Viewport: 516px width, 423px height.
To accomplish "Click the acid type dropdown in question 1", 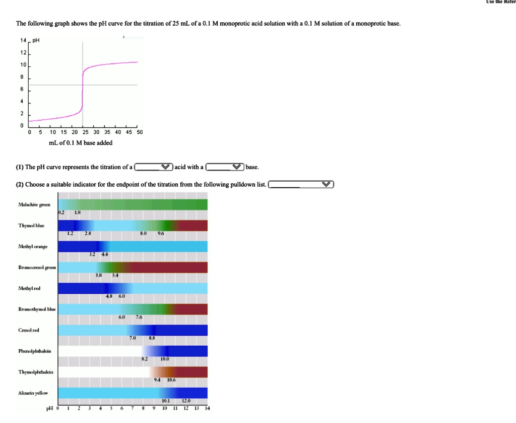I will click(x=154, y=167).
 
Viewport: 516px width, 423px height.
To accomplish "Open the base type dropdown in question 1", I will click(x=225, y=167).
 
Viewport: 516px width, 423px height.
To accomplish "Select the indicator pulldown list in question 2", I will click(x=301, y=184).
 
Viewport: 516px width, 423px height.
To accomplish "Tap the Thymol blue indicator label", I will click(x=31, y=226).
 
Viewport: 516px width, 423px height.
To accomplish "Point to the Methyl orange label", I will click(x=33, y=246).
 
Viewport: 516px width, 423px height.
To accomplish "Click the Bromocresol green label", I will click(x=37, y=267).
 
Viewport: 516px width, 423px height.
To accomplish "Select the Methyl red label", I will click(x=29, y=288).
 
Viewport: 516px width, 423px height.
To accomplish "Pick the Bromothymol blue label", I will click(x=37, y=309).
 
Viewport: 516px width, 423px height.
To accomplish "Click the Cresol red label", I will click(x=28, y=330).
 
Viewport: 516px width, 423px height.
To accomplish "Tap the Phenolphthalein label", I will click(x=34, y=351).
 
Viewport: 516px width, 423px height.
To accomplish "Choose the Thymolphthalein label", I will click(x=35, y=372).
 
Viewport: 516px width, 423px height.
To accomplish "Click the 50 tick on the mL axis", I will click(x=140, y=132).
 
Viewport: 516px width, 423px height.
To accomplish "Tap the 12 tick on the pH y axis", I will click(x=22, y=52).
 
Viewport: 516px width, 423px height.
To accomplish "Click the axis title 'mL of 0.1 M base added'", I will click(x=81, y=143).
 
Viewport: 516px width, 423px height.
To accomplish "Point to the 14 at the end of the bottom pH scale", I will click(x=207, y=408).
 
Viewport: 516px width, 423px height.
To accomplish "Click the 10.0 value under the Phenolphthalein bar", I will click(x=165, y=359).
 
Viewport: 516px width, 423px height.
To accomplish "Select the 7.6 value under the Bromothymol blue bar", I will click(x=139, y=318).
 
